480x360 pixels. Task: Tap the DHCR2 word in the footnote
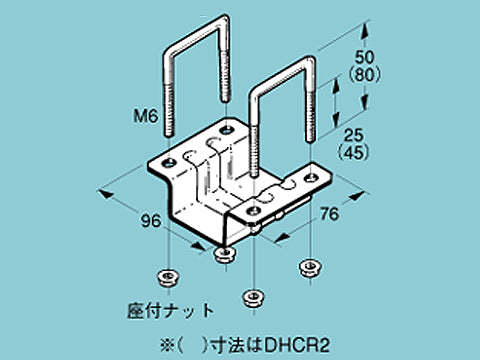point(291,340)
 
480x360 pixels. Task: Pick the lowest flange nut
point(254,297)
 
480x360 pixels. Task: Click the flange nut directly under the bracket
point(226,256)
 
